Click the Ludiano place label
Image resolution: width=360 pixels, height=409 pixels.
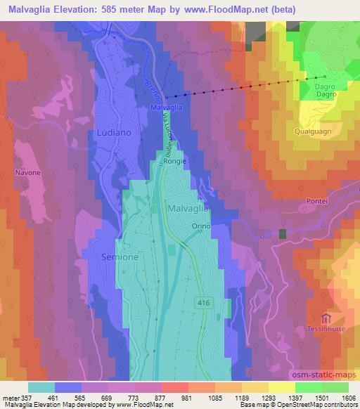pyautogui.click(x=110, y=132)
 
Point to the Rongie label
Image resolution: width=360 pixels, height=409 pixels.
pyautogui.click(x=175, y=161)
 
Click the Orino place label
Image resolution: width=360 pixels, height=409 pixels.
pyautogui.click(x=202, y=226)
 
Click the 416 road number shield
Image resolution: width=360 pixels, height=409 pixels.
pyautogui.click(x=204, y=300)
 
